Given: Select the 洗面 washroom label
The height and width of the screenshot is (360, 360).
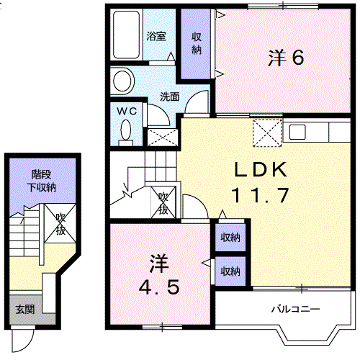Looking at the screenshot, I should pyautogui.click(x=169, y=95).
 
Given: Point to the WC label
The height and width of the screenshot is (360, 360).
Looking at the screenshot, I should pyautogui.click(x=127, y=111).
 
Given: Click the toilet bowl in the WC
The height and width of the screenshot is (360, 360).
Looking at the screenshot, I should pyautogui.click(x=127, y=130).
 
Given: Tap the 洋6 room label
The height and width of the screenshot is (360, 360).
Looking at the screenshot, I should pyautogui.click(x=285, y=58).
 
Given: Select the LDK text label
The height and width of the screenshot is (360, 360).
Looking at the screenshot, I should pyautogui.click(x=260, y=171).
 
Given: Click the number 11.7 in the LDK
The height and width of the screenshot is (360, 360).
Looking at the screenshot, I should pyautogui.click(x=260, y=194).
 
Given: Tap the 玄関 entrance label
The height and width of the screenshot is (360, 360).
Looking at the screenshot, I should pyautogui.click(x=25, y=310).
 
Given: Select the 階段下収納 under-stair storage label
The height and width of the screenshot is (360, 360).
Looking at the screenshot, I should pyautogui.click(x=42, y=181).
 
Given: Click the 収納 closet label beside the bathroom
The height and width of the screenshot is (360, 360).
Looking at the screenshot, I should pyautogui.click(x=197, y=43).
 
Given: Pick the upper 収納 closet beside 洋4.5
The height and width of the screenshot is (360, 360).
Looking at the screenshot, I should pyautogui.click(x=230, y=237).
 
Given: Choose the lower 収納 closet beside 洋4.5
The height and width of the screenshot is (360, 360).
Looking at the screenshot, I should pyautogui.click(x=230, y=271).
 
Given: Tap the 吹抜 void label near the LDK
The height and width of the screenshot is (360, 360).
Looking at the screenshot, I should pyautogui.click(x=163, y=203).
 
